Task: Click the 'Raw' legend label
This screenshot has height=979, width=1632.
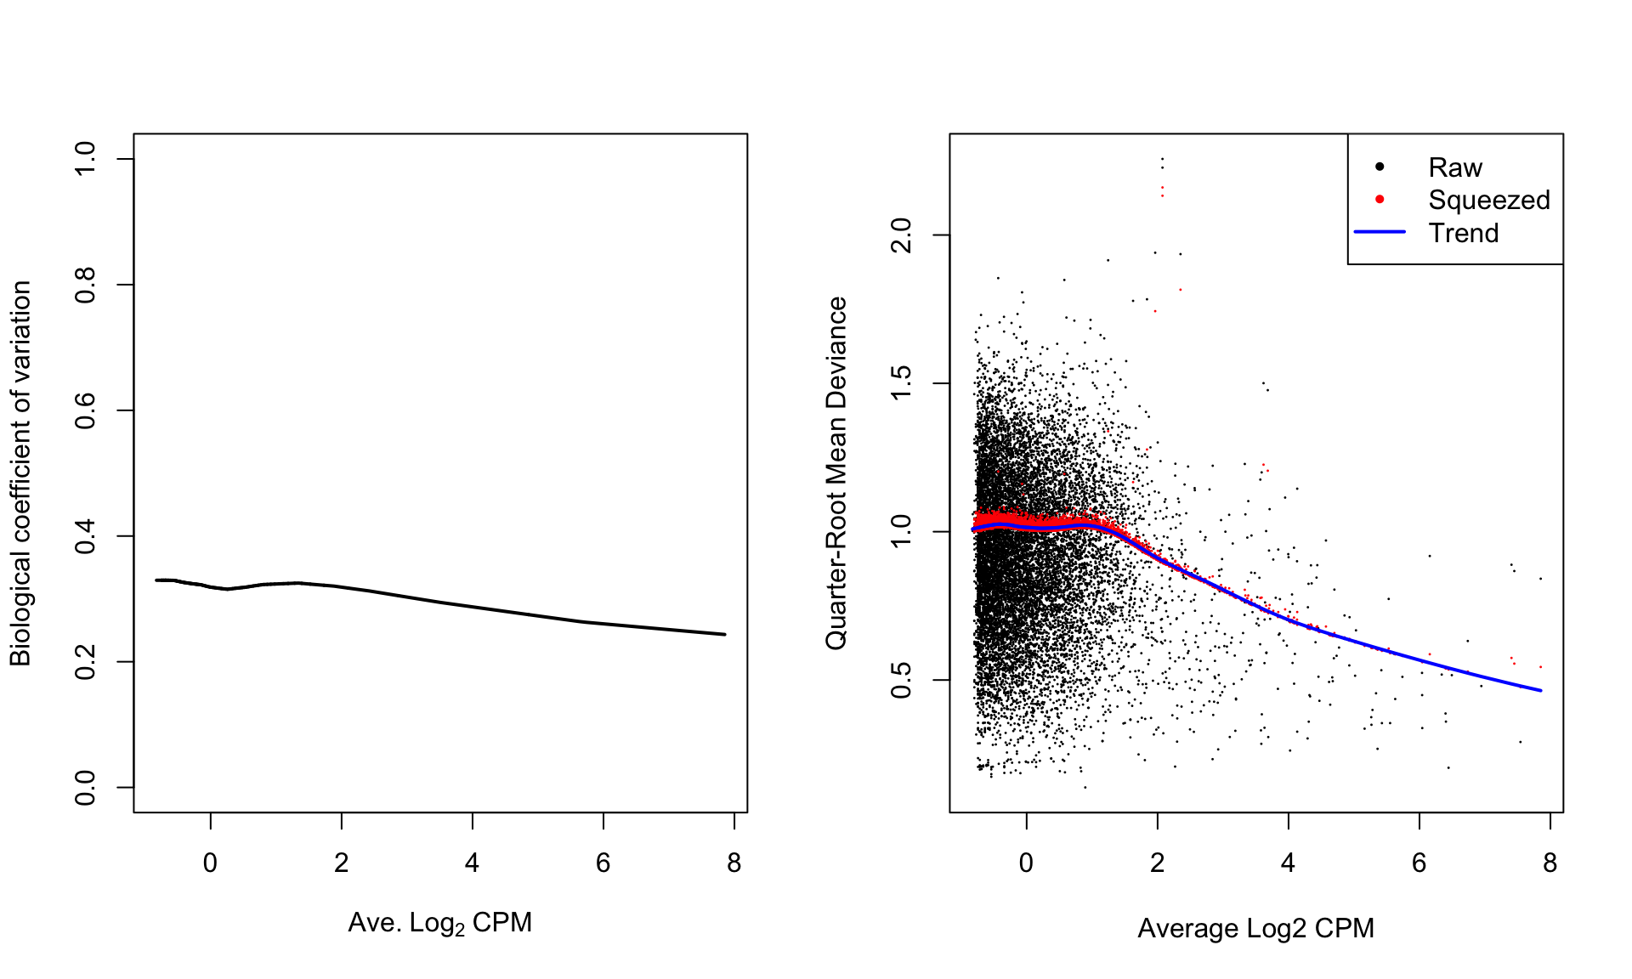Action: (x=1454, y=167)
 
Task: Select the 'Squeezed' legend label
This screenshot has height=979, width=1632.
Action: (x=1488, y=200)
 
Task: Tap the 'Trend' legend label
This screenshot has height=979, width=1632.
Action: (x=1463, y=233)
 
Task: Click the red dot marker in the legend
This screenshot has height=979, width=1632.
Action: (x=1380, y=199)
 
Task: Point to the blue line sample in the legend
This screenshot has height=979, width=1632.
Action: (x=1380, y=232)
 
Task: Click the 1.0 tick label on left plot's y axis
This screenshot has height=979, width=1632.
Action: (x=86, y=159)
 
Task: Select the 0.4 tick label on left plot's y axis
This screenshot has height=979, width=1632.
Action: (x=86, y=536)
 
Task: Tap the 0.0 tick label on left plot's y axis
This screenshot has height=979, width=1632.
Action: (x=86, y=788)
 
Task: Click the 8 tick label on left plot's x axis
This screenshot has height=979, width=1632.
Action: (x=734, y=863)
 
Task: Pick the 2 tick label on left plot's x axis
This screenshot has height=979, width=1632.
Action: (x=342, y=863)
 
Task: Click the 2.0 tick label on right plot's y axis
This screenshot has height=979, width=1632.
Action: (x=902, y=235)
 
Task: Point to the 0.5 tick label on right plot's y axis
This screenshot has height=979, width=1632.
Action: (x=902, y=680)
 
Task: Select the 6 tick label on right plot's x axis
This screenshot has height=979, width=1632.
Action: (x=1419, y=863)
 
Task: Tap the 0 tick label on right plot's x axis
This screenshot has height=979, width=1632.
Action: (x=1026, y=863)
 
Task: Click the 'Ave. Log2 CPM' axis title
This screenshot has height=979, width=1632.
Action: (x=439, y=923)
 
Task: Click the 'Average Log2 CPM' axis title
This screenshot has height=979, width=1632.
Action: (x=1255, y=928)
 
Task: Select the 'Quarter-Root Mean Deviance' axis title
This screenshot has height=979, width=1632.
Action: (x=836, y=473)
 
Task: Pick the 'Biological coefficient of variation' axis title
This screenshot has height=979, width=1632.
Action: (x=20, y=473)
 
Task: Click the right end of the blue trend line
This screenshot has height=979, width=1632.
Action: (x=1540, y=690)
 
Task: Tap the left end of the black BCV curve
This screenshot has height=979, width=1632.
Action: (x=157, y=580)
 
